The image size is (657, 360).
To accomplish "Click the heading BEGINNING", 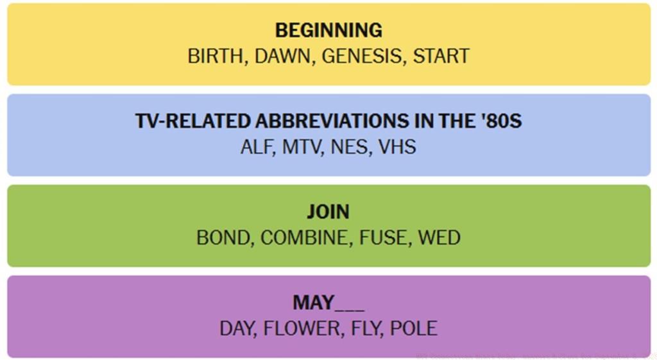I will click(328, 30).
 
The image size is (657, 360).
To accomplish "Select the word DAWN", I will click(282, 56).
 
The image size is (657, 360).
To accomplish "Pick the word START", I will click(441, 56).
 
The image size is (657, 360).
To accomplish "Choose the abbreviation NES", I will click(350, 147).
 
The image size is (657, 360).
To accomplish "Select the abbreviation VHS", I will click(397, 147).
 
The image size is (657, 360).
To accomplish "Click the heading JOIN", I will click(328, 212).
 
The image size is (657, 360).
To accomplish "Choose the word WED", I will click(439, 238).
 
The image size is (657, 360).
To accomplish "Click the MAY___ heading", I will click(328, 303).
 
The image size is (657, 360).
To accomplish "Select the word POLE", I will click(414, 329).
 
